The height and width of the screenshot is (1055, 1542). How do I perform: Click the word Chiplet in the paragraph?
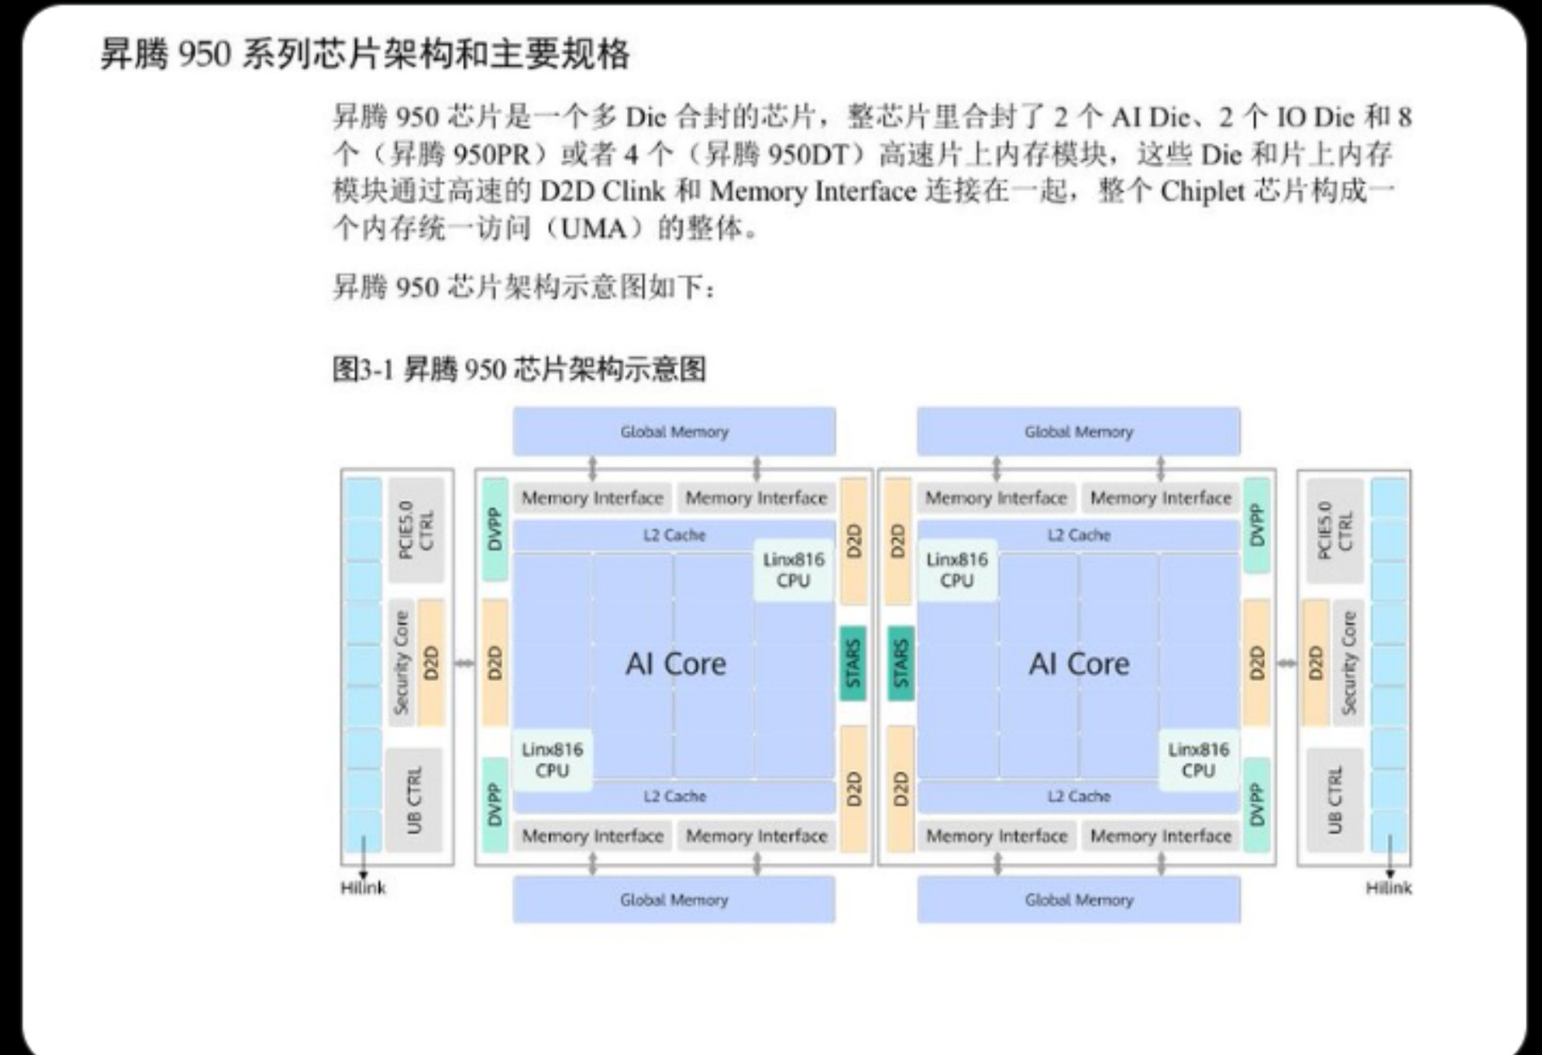click(1202, 191)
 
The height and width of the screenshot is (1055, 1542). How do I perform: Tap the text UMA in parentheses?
click(595, 229)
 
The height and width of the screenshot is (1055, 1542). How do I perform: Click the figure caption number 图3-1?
click(363, 370)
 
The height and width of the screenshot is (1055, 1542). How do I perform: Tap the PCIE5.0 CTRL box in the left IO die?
click(416, 530)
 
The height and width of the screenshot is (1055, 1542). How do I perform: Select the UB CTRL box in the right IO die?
click(1335, 800)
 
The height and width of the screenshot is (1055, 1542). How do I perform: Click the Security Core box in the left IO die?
click(402, 663)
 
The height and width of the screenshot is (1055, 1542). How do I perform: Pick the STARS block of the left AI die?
click(852, 663)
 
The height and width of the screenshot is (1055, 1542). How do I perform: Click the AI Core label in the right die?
click(1079, 664)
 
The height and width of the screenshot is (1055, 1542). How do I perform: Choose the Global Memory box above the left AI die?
click(674, 431)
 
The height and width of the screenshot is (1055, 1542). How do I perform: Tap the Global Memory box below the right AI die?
click(1079, 900)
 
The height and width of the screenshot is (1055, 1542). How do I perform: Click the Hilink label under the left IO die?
click(363, 887)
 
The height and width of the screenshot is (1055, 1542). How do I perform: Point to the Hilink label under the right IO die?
click(1388, 887)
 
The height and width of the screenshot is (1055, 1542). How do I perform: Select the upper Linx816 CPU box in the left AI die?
click(794, 569)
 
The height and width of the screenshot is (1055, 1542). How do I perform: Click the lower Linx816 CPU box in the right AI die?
click(1199, 760)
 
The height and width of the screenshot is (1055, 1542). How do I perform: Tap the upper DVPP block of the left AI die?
click(494, 529)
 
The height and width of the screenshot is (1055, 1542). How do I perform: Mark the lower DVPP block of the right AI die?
click(1257, 804)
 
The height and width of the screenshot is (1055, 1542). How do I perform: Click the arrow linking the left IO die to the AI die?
click(464, 663)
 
